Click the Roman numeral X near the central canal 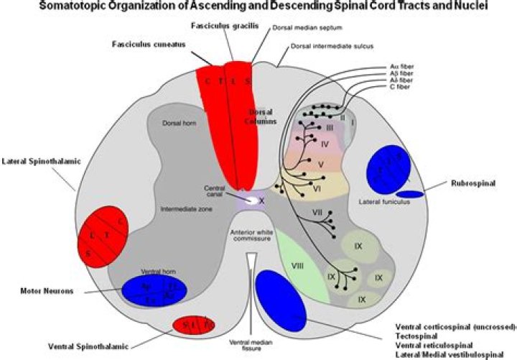261,201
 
